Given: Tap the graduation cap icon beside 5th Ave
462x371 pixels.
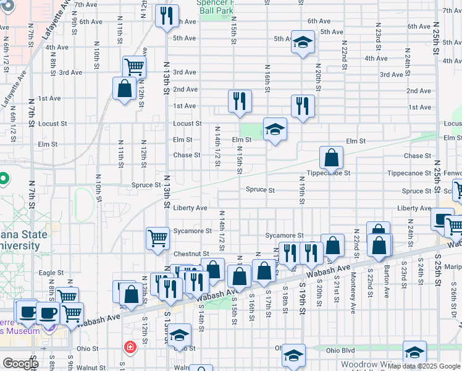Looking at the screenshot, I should pos(302,42).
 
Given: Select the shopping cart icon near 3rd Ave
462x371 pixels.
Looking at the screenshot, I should pos(134,66).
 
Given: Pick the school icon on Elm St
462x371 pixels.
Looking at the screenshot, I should pos(275,129).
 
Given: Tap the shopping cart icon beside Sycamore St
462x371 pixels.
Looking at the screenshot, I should pos(157,237).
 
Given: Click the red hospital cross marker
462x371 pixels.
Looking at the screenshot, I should pos(130,348).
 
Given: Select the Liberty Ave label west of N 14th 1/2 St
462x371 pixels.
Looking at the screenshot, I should pos(190,208).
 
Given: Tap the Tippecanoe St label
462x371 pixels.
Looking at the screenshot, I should pos(330,173).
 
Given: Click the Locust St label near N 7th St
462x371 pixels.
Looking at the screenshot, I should pos(52,124).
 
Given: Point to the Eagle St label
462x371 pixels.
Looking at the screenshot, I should pos(51,272).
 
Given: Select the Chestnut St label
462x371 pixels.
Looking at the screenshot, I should pos(191,254).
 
